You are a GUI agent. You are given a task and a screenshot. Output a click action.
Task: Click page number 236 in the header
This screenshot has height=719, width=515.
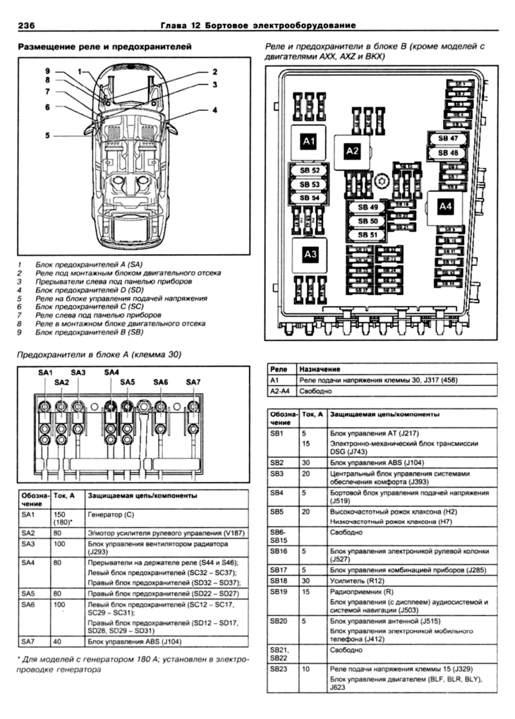click(x=30, y=25)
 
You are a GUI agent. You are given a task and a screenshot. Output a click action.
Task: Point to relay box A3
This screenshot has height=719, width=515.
click(x=310, y=255)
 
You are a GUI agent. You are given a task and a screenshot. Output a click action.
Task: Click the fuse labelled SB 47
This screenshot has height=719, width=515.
click(x=448, y=138)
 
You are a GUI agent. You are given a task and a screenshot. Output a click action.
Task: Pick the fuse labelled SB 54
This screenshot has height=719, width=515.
click(x=310, y=198)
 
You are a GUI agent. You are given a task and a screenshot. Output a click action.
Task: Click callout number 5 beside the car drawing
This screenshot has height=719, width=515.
click(x=47, y=135)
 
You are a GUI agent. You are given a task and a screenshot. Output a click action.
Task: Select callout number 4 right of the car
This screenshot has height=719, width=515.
click(x=214, y=110)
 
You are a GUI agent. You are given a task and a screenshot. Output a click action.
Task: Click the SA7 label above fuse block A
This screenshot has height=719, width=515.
click(x=193, y=382)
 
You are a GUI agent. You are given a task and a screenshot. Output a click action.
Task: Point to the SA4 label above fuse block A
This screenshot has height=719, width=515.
click(x=111, y=372)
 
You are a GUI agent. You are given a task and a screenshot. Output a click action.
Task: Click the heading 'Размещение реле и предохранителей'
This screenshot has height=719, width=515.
click(x=105, y=46)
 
